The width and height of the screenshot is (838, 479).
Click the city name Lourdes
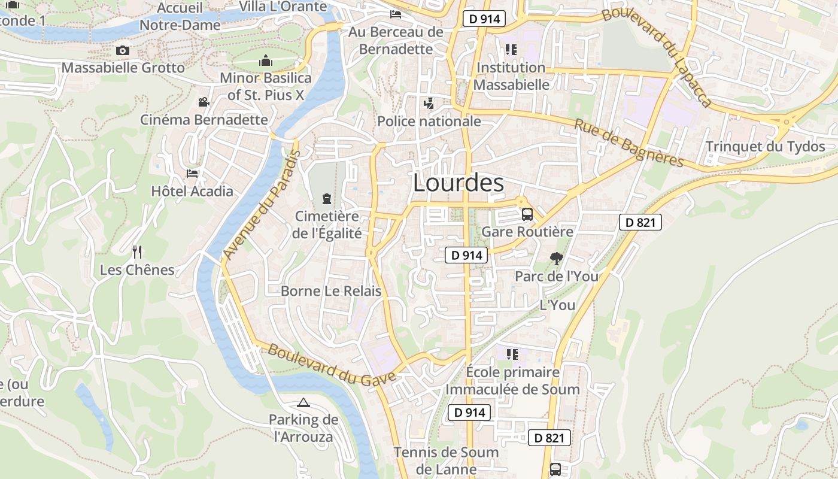click(459, 183)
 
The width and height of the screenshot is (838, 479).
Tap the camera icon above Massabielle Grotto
click(123, 51)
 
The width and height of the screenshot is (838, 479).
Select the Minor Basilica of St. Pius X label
click(266, 86)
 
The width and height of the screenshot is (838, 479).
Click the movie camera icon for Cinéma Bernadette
click(204, 102)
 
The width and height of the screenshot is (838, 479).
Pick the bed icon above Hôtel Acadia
click(192, 174)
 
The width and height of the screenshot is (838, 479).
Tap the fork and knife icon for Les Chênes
click(137, 251)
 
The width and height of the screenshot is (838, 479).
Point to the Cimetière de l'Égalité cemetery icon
click(327, 198)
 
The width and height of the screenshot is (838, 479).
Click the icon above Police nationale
click(429, 104)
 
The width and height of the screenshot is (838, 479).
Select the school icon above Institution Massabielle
click(511, 50)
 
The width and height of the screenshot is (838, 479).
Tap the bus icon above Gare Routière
click(527, 214)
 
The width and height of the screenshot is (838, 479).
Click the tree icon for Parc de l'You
click(557, 259)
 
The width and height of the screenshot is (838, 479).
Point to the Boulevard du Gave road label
click(332, 363)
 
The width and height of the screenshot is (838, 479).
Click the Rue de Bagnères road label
click(628, 143)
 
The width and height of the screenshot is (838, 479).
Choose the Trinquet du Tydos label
click(765, 147)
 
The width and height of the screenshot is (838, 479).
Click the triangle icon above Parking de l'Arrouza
click(303, 403)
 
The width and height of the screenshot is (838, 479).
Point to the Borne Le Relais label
click(331, 292)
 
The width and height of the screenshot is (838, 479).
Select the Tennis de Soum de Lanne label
click(446, 460)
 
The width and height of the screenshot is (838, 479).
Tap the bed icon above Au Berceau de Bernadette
click(396, 14)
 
